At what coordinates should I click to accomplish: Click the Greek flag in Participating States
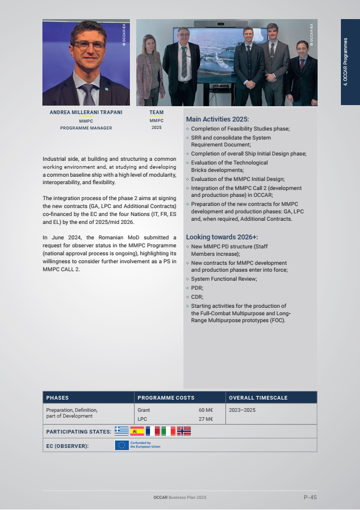pyautogui.click(x=121, y=431)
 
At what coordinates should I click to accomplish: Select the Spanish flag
pyautogui.click(x=137, y=431)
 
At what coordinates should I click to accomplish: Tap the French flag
pyautogui.click(x=153, y=431)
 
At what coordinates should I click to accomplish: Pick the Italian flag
pyautogui.click(x=168, y=431)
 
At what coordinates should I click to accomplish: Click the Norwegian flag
pyautogui.click(x=184, y=431)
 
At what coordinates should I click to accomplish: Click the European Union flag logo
pyautogui.click(x=121, y=445)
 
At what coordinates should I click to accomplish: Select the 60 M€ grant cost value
pyautogui.click(x=206, y=410)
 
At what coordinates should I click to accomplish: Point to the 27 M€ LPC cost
pyautogui.click(x=206, y=419)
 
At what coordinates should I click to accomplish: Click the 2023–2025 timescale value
pyautogui.click(x=242, y=410)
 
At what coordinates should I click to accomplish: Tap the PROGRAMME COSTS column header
pyautogui.click(x=166, y=397)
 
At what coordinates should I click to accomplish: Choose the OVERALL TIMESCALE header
pyautogui.click(x=258, y=397)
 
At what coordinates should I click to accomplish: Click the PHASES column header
pyautogui.click(x=57, y=397)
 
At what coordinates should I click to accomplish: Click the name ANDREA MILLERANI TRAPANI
pyautogui.click(x=86, y=113)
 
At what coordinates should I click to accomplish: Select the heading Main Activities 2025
pyautogui.click(x=217, y=119)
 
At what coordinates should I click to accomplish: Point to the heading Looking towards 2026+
pyautogui.click(x=222, y=237)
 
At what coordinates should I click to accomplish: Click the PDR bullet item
pyautogui.click(x=197, y=288)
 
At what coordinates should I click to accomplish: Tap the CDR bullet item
pyautogui.click(x=197, y=297)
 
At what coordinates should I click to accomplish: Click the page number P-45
pyautogui.click(x=310, y=497)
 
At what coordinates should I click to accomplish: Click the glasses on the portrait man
pyautogui.click(x=89, y=45)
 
